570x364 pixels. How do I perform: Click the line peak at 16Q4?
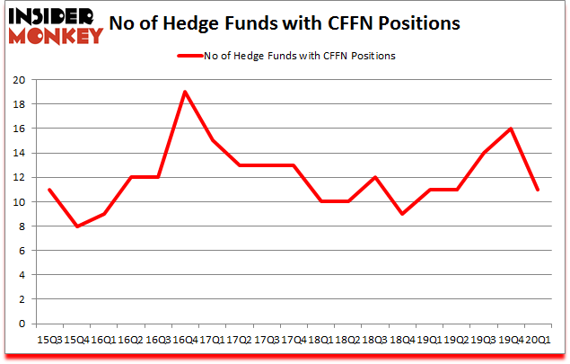tap(184, 92)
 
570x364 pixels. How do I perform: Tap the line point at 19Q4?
tap(511, 129)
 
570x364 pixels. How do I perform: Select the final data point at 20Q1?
tap(537, 190)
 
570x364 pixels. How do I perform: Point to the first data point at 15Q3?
tap(48, 190)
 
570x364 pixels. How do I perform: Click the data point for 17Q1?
tap(211, 140)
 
